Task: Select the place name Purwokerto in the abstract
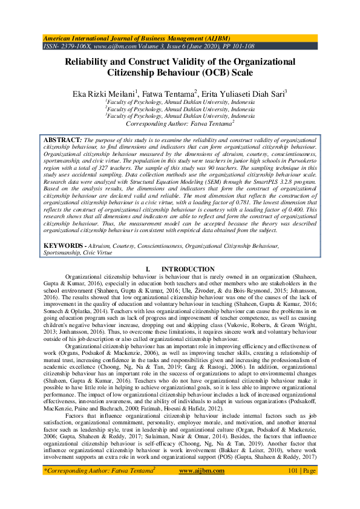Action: (x=296, y=164)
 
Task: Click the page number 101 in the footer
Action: (x=295, y=470)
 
